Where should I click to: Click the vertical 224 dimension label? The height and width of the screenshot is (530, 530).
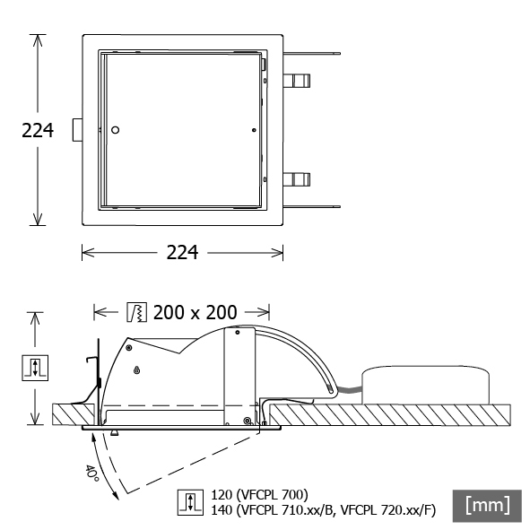point(38,130)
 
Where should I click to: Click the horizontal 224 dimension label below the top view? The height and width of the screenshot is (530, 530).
point(182,252)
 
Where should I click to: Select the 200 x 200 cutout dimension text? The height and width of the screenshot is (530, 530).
point(195,312)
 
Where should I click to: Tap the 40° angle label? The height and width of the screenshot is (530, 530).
point(92,474)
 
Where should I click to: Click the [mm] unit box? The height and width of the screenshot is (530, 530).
point(487,506)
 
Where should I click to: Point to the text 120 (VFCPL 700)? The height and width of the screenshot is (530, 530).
point(259,495)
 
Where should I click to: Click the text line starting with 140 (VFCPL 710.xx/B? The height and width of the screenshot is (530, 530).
point(324,510)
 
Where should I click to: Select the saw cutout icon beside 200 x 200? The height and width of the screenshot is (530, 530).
point(137,312)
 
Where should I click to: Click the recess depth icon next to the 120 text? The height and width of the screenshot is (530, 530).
point(190,502)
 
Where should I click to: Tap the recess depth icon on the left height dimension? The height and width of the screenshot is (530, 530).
point(35,368)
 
